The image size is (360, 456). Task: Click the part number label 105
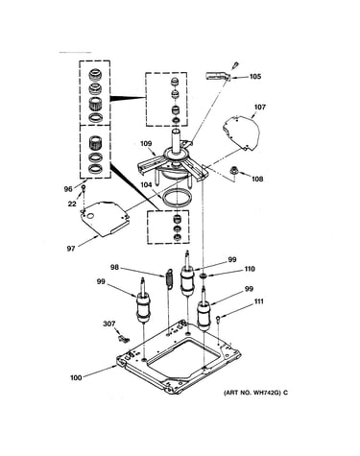(255, 76)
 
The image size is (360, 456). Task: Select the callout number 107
(260, 107)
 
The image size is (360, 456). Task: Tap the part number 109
(146, 144)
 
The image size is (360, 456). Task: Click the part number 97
(71, 248)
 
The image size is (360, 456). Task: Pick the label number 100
(76, 377)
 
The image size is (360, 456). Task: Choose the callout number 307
(108, 324)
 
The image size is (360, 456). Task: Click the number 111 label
(259, 301)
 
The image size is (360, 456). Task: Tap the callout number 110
(250, 269)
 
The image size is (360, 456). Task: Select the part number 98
(114, 267)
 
